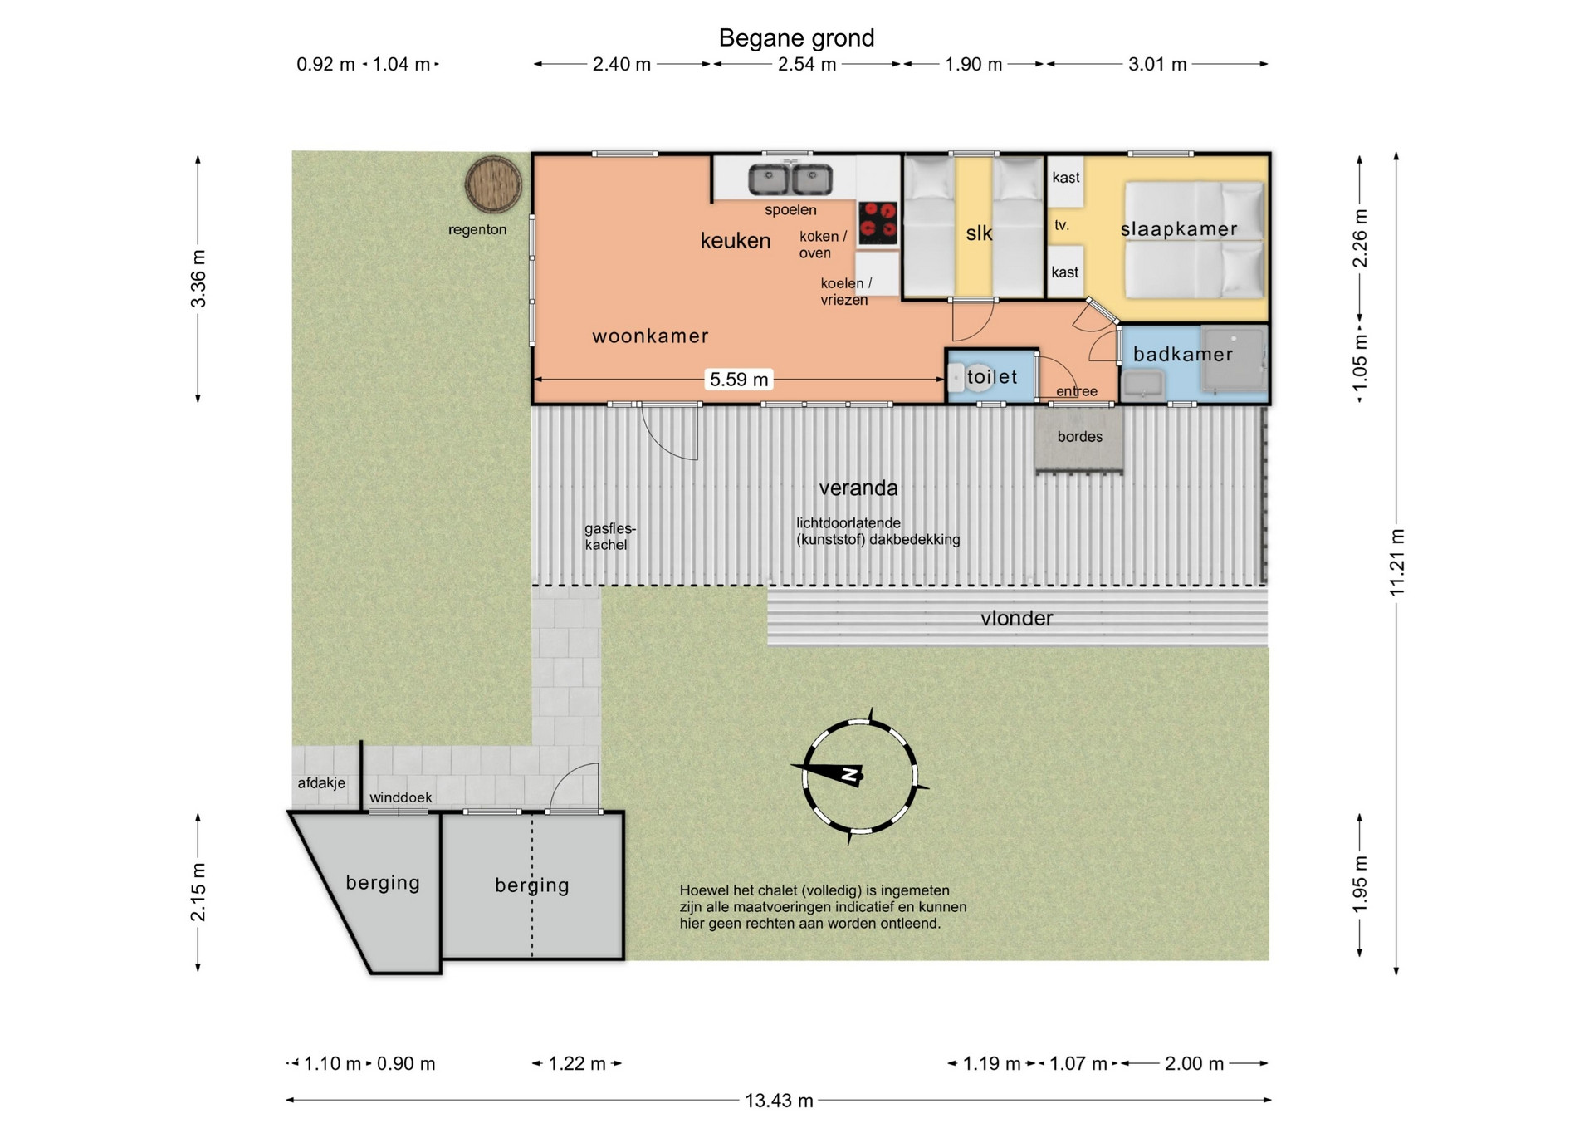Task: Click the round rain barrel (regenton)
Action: [493, 184]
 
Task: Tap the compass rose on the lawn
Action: [859, 776]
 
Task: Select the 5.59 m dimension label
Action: [739, 380]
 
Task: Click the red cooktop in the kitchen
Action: [878, 223]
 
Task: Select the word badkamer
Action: [1183, 355]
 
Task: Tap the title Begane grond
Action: [796, 38]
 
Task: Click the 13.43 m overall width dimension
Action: [779, 1101]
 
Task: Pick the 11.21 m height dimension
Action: [1397, 562]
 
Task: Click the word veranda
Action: [858, 488]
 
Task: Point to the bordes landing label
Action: [1080, 437]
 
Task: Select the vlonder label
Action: [1016, 619]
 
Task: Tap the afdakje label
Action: [321, 783]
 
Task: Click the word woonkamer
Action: [650, 336]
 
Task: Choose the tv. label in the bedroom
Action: [1061, 225]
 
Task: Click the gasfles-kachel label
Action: [609, 537]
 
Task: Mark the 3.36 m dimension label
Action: [198, 278]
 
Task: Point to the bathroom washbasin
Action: [1143, 385]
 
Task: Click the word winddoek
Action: [401, 798]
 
